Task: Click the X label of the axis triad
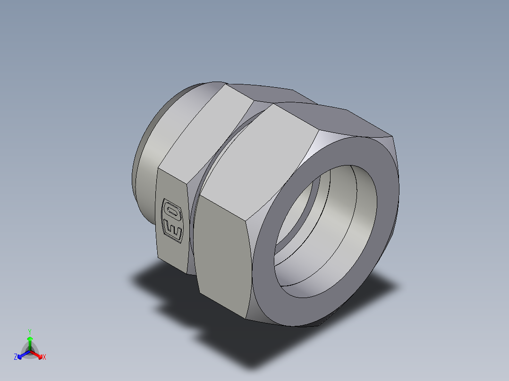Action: [44, 357]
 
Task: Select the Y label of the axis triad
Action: [30, 331]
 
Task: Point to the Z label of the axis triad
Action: [16, 357]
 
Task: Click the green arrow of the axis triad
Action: [30, 341]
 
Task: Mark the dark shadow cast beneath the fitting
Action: [236, 330]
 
